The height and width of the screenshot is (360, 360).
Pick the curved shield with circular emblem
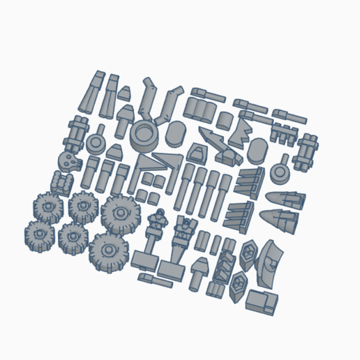click(x=268, y=262)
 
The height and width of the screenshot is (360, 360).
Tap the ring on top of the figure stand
click(x=160, y=212)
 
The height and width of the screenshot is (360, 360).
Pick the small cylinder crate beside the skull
click(x=62, y=183)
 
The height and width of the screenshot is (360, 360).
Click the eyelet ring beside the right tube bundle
click(x=280, y=170)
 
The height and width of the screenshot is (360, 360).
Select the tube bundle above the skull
click(x=78, y=130)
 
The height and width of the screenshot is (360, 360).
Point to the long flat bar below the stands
click(x=155, y=280)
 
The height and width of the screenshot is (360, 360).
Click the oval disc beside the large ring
click(x=177, y=131)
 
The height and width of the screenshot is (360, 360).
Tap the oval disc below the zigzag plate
click(x=257, y=149)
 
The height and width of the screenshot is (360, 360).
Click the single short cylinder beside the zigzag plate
click(x=224, y=119)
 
